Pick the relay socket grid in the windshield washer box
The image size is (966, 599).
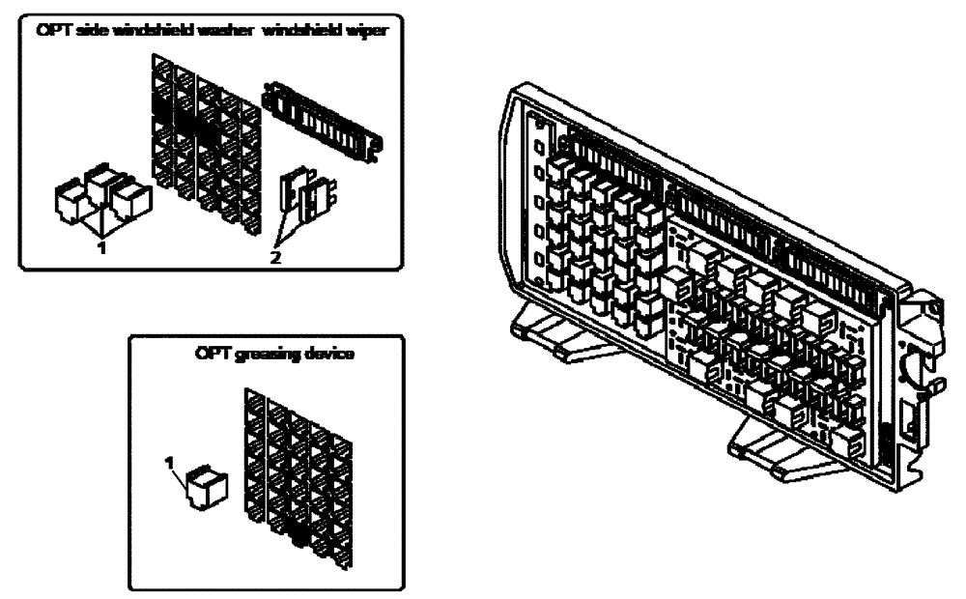point(206,145)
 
